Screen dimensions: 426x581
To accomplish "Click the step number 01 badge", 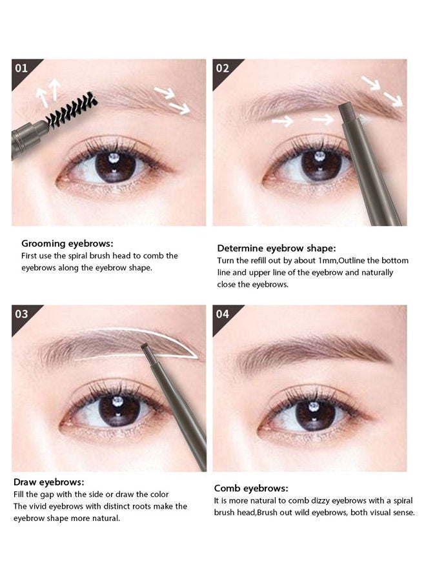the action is (21, 69).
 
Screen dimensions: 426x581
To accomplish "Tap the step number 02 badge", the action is (222, 69).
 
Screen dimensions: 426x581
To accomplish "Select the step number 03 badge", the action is (21, 314).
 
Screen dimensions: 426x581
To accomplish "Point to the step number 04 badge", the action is (222, 314).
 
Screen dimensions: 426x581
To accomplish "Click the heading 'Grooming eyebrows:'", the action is (67, 244).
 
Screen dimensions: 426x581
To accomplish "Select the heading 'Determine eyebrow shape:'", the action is (276, 249).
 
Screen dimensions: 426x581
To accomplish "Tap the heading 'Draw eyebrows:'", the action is (49, 482).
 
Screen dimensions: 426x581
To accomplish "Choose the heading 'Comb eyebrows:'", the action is (251, 489).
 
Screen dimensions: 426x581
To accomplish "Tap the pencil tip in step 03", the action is (146, 350).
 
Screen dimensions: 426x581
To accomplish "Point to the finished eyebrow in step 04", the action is (313, 352).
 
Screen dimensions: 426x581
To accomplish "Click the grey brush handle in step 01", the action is (28, 139).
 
